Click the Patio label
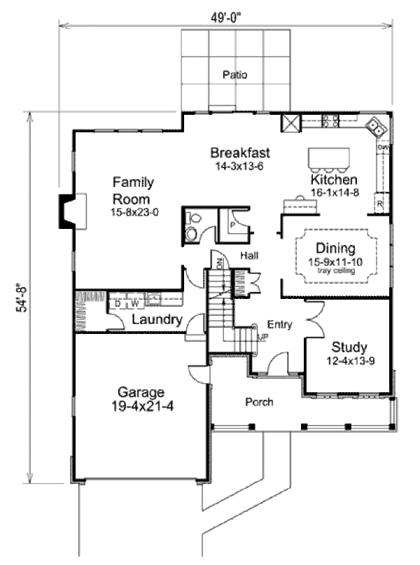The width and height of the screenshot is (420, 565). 235,74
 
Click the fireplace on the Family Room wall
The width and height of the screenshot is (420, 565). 69,209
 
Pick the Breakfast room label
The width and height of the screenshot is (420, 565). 240,153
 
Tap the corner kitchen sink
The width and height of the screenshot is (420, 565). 377,126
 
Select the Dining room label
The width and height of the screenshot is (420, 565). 335,248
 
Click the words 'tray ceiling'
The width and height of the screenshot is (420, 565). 336,270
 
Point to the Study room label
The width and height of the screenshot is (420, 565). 349,347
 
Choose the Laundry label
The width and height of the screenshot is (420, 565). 157,320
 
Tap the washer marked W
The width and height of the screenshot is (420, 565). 134,304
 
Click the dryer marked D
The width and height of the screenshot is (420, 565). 118,304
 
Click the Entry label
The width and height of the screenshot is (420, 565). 280,325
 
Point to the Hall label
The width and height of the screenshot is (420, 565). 249,256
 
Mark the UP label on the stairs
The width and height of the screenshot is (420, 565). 263,337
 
